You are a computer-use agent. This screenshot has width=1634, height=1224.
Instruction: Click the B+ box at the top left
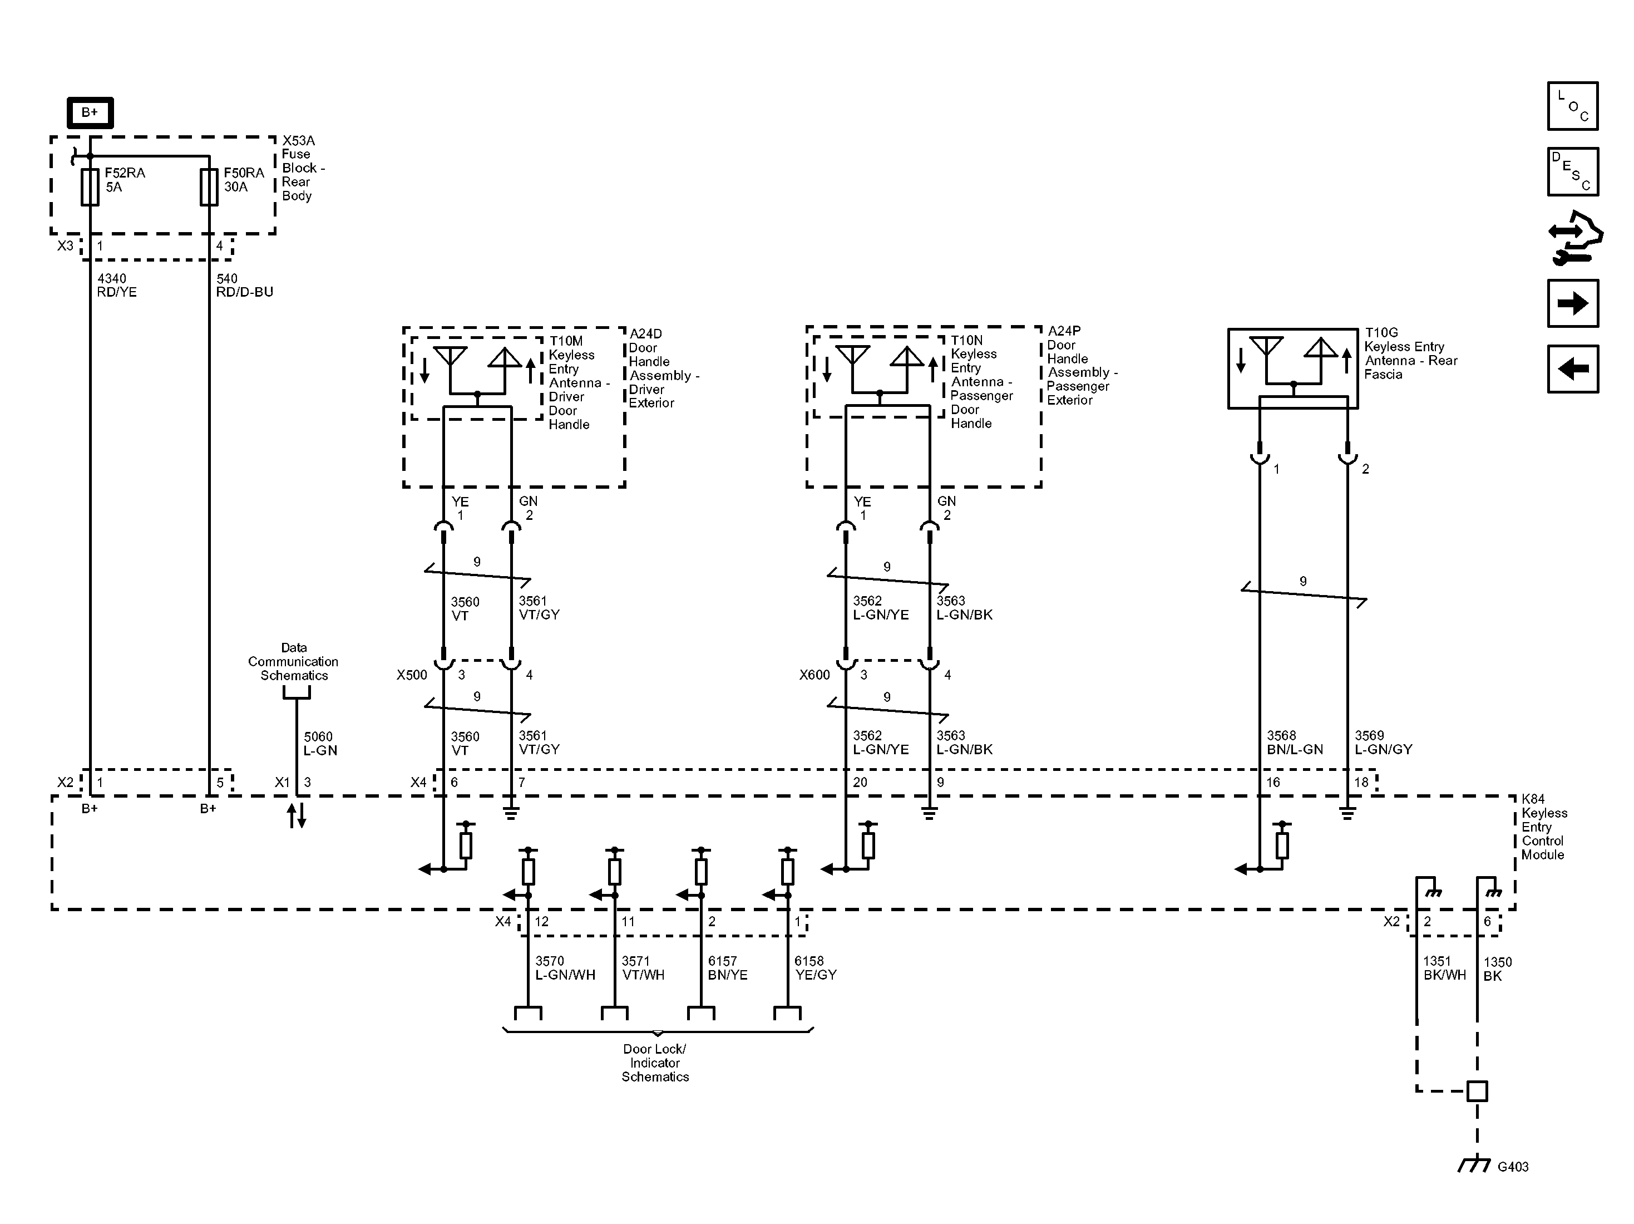(x=90, y=112)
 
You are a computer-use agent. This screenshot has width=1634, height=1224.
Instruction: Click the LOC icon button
(x=1573, y=106)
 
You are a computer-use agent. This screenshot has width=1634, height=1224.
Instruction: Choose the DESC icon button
(x=1573, y=171)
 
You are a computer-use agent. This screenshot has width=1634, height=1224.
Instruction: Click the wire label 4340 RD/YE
(x=117, y=286)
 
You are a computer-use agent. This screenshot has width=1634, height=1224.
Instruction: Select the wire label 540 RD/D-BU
(x=244, y=286)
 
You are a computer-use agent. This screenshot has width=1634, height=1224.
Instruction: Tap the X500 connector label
(x=412, y=675)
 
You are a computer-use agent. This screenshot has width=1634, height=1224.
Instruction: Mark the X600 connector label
(x=814, y=675)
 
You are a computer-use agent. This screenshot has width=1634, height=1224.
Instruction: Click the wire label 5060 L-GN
(x=320, y=744)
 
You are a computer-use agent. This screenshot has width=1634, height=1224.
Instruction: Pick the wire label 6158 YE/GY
(x=815, y=967)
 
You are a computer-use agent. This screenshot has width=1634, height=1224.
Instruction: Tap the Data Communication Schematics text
(x=293, y=661)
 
